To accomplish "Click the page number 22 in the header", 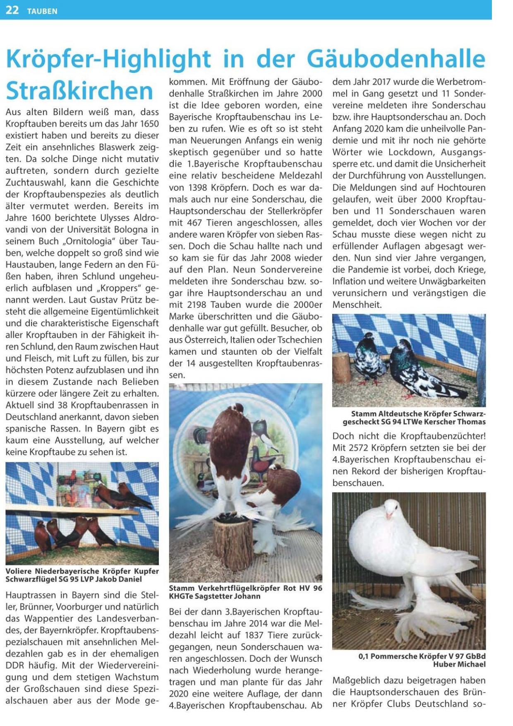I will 12,10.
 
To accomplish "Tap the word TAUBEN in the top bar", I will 42,11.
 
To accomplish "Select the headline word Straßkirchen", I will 79,91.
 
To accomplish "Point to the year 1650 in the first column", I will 149,124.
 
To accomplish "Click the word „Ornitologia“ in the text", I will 87,241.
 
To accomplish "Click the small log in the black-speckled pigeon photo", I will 342,368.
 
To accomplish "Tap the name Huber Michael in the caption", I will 459,664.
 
